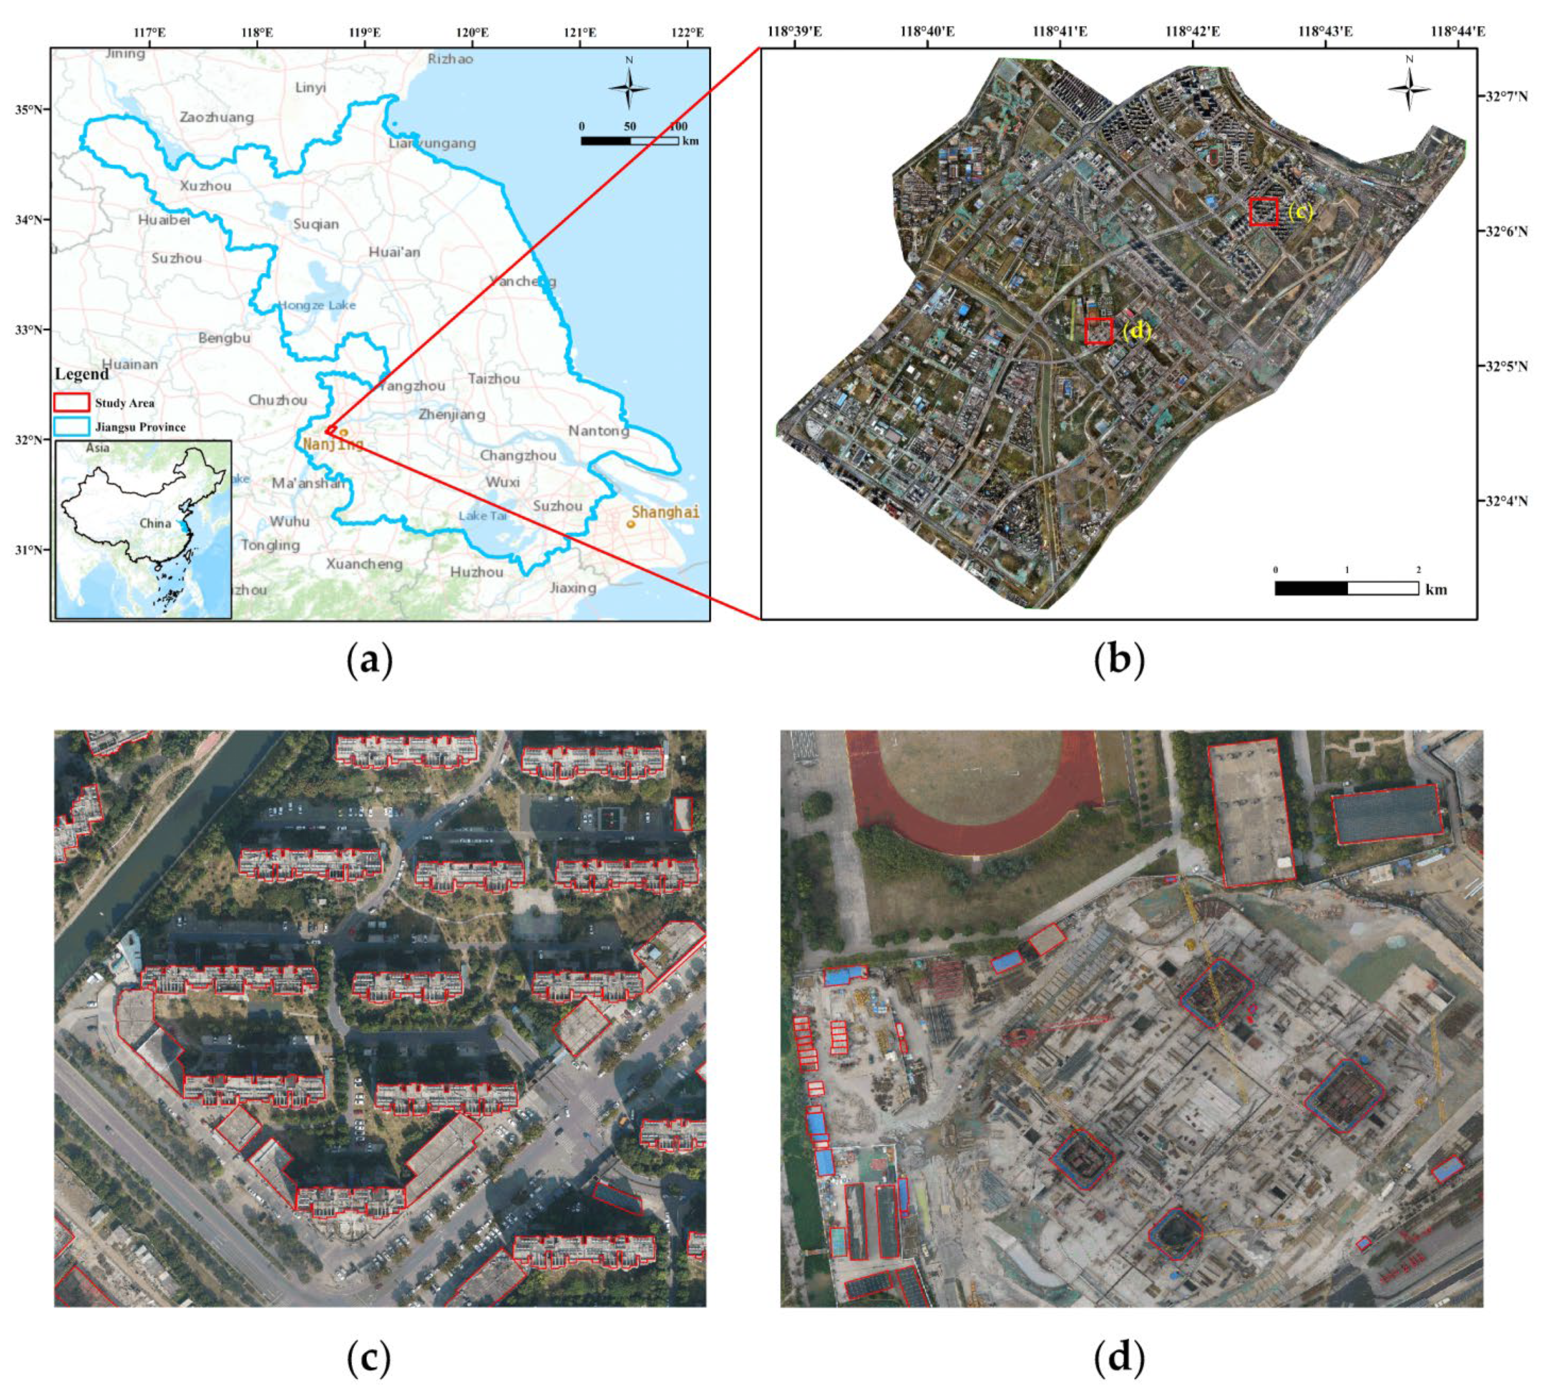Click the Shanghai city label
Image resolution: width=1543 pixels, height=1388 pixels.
coord(665,511)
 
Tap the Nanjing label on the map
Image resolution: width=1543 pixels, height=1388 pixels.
coord(333,444)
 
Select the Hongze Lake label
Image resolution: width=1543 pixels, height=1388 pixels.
coord(317,305)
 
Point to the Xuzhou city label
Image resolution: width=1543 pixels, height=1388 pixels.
coord(205,185)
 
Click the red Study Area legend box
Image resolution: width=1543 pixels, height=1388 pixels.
coord(71,402)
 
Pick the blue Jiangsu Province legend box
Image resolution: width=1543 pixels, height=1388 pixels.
coord(71,426)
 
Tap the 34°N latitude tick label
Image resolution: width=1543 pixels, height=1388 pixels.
coord(28,220)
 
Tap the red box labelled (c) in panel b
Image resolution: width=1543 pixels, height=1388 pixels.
coord(1263,211)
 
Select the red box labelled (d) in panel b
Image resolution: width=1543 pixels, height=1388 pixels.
coord(1098,331)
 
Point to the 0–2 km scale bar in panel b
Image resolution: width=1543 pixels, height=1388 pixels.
coord(1346,588)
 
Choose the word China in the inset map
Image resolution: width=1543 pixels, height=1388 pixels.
coord(155,523)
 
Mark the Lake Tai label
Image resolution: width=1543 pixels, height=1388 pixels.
coord(482,515)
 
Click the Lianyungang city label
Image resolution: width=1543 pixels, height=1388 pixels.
coord(432,143)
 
